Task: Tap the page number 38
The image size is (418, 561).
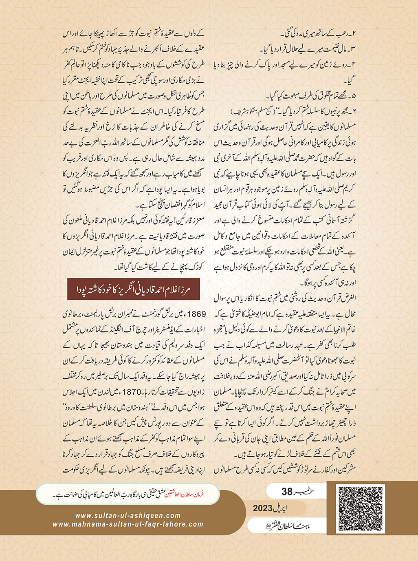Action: click(x=287, y=492)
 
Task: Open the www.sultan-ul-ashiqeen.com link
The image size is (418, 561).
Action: click(x=128, y=516)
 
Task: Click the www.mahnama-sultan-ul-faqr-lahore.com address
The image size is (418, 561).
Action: click(x=128, y=524)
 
